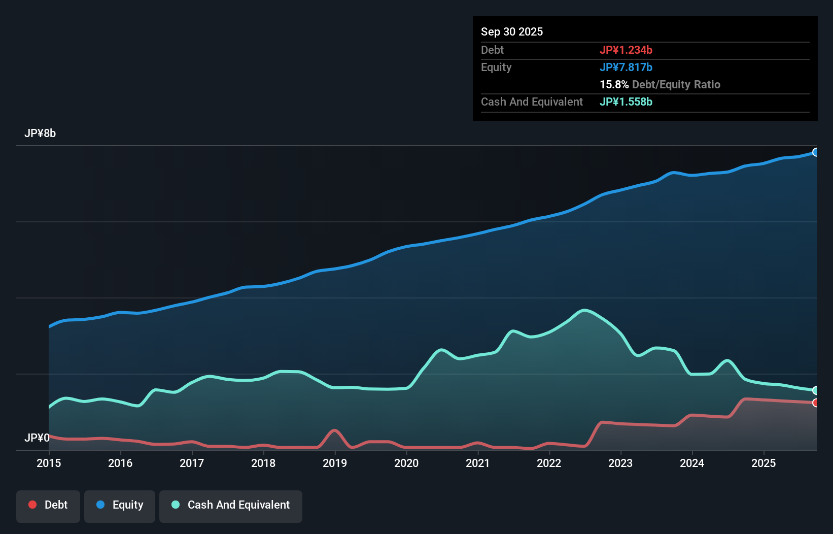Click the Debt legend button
pyautogui.click(x=48, y=505)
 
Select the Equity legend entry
pyautogui.click(x=120, y=505)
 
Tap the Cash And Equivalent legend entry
pyautogui.click(x=231, y=505)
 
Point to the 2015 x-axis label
pyautogui.click(x=49, y=463)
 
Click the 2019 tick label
pyautogui.click(x=335, y=463)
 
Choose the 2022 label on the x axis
pyautogui.click(x=549, y=463)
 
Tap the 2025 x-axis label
pyautogui.click(x=763, y=463)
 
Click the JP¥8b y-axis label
pyautogui.click(x=40, y=133)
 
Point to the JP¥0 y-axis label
pyautogui.click(x=37, y=438)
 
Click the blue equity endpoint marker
pyautogui.click(x=816, y=152)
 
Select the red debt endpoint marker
pyautogui.click(x=816, y=403)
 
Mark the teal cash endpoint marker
pyautogui.click(x=816, y=390)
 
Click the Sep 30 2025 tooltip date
pyautogui.click(x=511, y=31)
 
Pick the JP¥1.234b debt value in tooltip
pyautogui.click(x=626, y=50)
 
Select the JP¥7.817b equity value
pyautogui.click(x=626, y=67)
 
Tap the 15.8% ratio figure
pyautogui.click(x=614, y=84)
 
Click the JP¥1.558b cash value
pyautogui.click(x=626, y=102)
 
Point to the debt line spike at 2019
pyautogui.click(x=334, y=430)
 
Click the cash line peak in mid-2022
pyautogui.click(x=584, y=310)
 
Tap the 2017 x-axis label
pyautogui.click(x=192, y=463)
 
